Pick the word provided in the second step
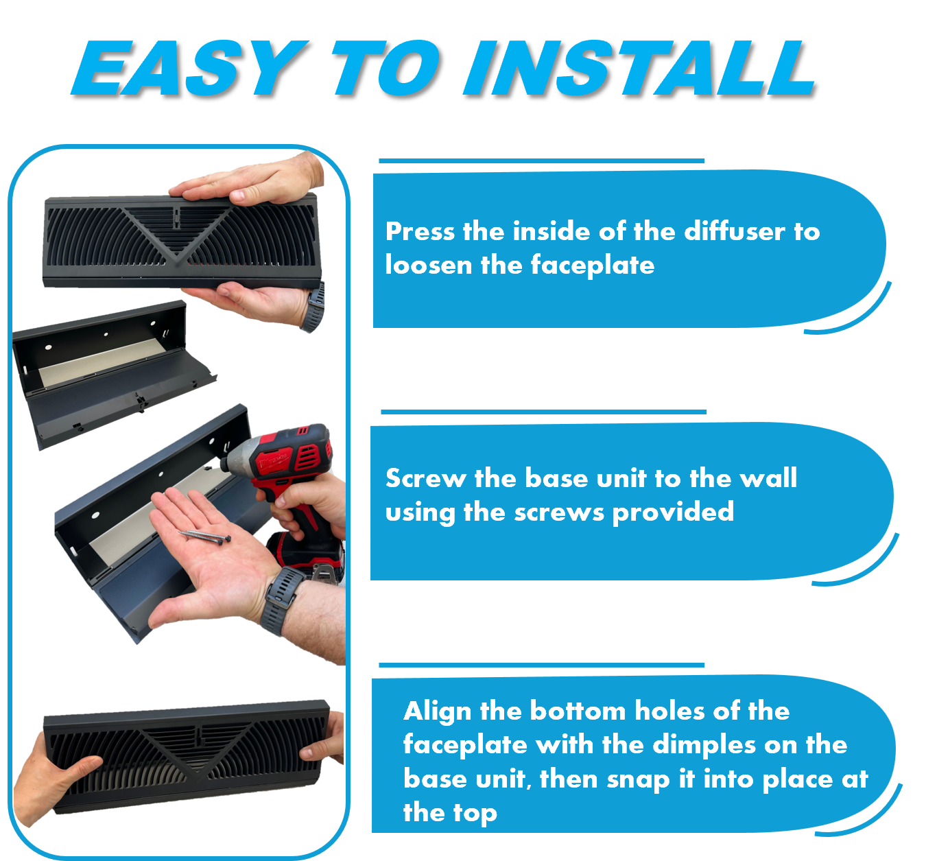click(x=673, y=512)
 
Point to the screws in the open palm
click(x=205, y=536)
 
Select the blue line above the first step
click(x=541, y=161)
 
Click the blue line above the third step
click(x=541, y=665)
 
